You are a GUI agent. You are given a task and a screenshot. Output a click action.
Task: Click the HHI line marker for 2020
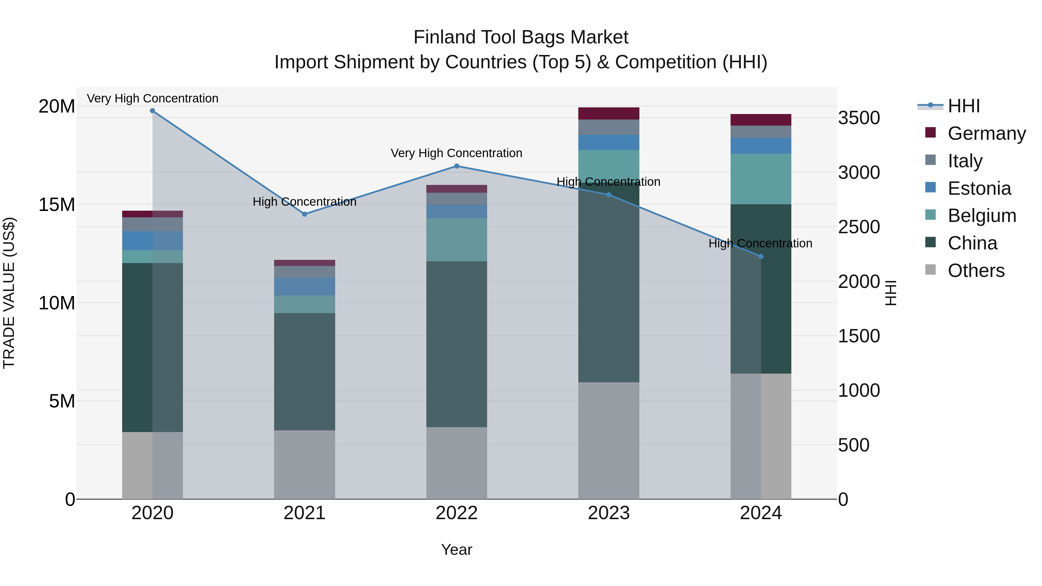click(x=153, y=111)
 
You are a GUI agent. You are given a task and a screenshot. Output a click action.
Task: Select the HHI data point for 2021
click(x=304, y=214)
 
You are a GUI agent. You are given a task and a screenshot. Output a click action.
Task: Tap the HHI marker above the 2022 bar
click(x=457, y=166)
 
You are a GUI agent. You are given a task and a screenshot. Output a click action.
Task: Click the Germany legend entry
click(x=986, y=133)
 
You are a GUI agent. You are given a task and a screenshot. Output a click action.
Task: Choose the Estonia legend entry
click(x=979, y=188)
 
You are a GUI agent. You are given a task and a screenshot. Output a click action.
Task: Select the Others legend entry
click(x=976, y=271)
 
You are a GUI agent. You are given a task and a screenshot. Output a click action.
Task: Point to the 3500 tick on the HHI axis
click(x=859, y=118)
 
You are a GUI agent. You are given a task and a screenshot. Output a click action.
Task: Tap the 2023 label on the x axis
click(x=608, y=513)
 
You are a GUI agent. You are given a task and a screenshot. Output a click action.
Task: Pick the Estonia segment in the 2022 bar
click(x=457, y=212)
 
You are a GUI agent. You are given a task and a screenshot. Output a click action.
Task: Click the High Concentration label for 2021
click(x=304, y=202)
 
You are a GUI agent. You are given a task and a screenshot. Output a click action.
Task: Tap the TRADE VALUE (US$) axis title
click(x=9, y=293)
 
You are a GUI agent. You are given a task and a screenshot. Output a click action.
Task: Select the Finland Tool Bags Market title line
click(x=521, y=37)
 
